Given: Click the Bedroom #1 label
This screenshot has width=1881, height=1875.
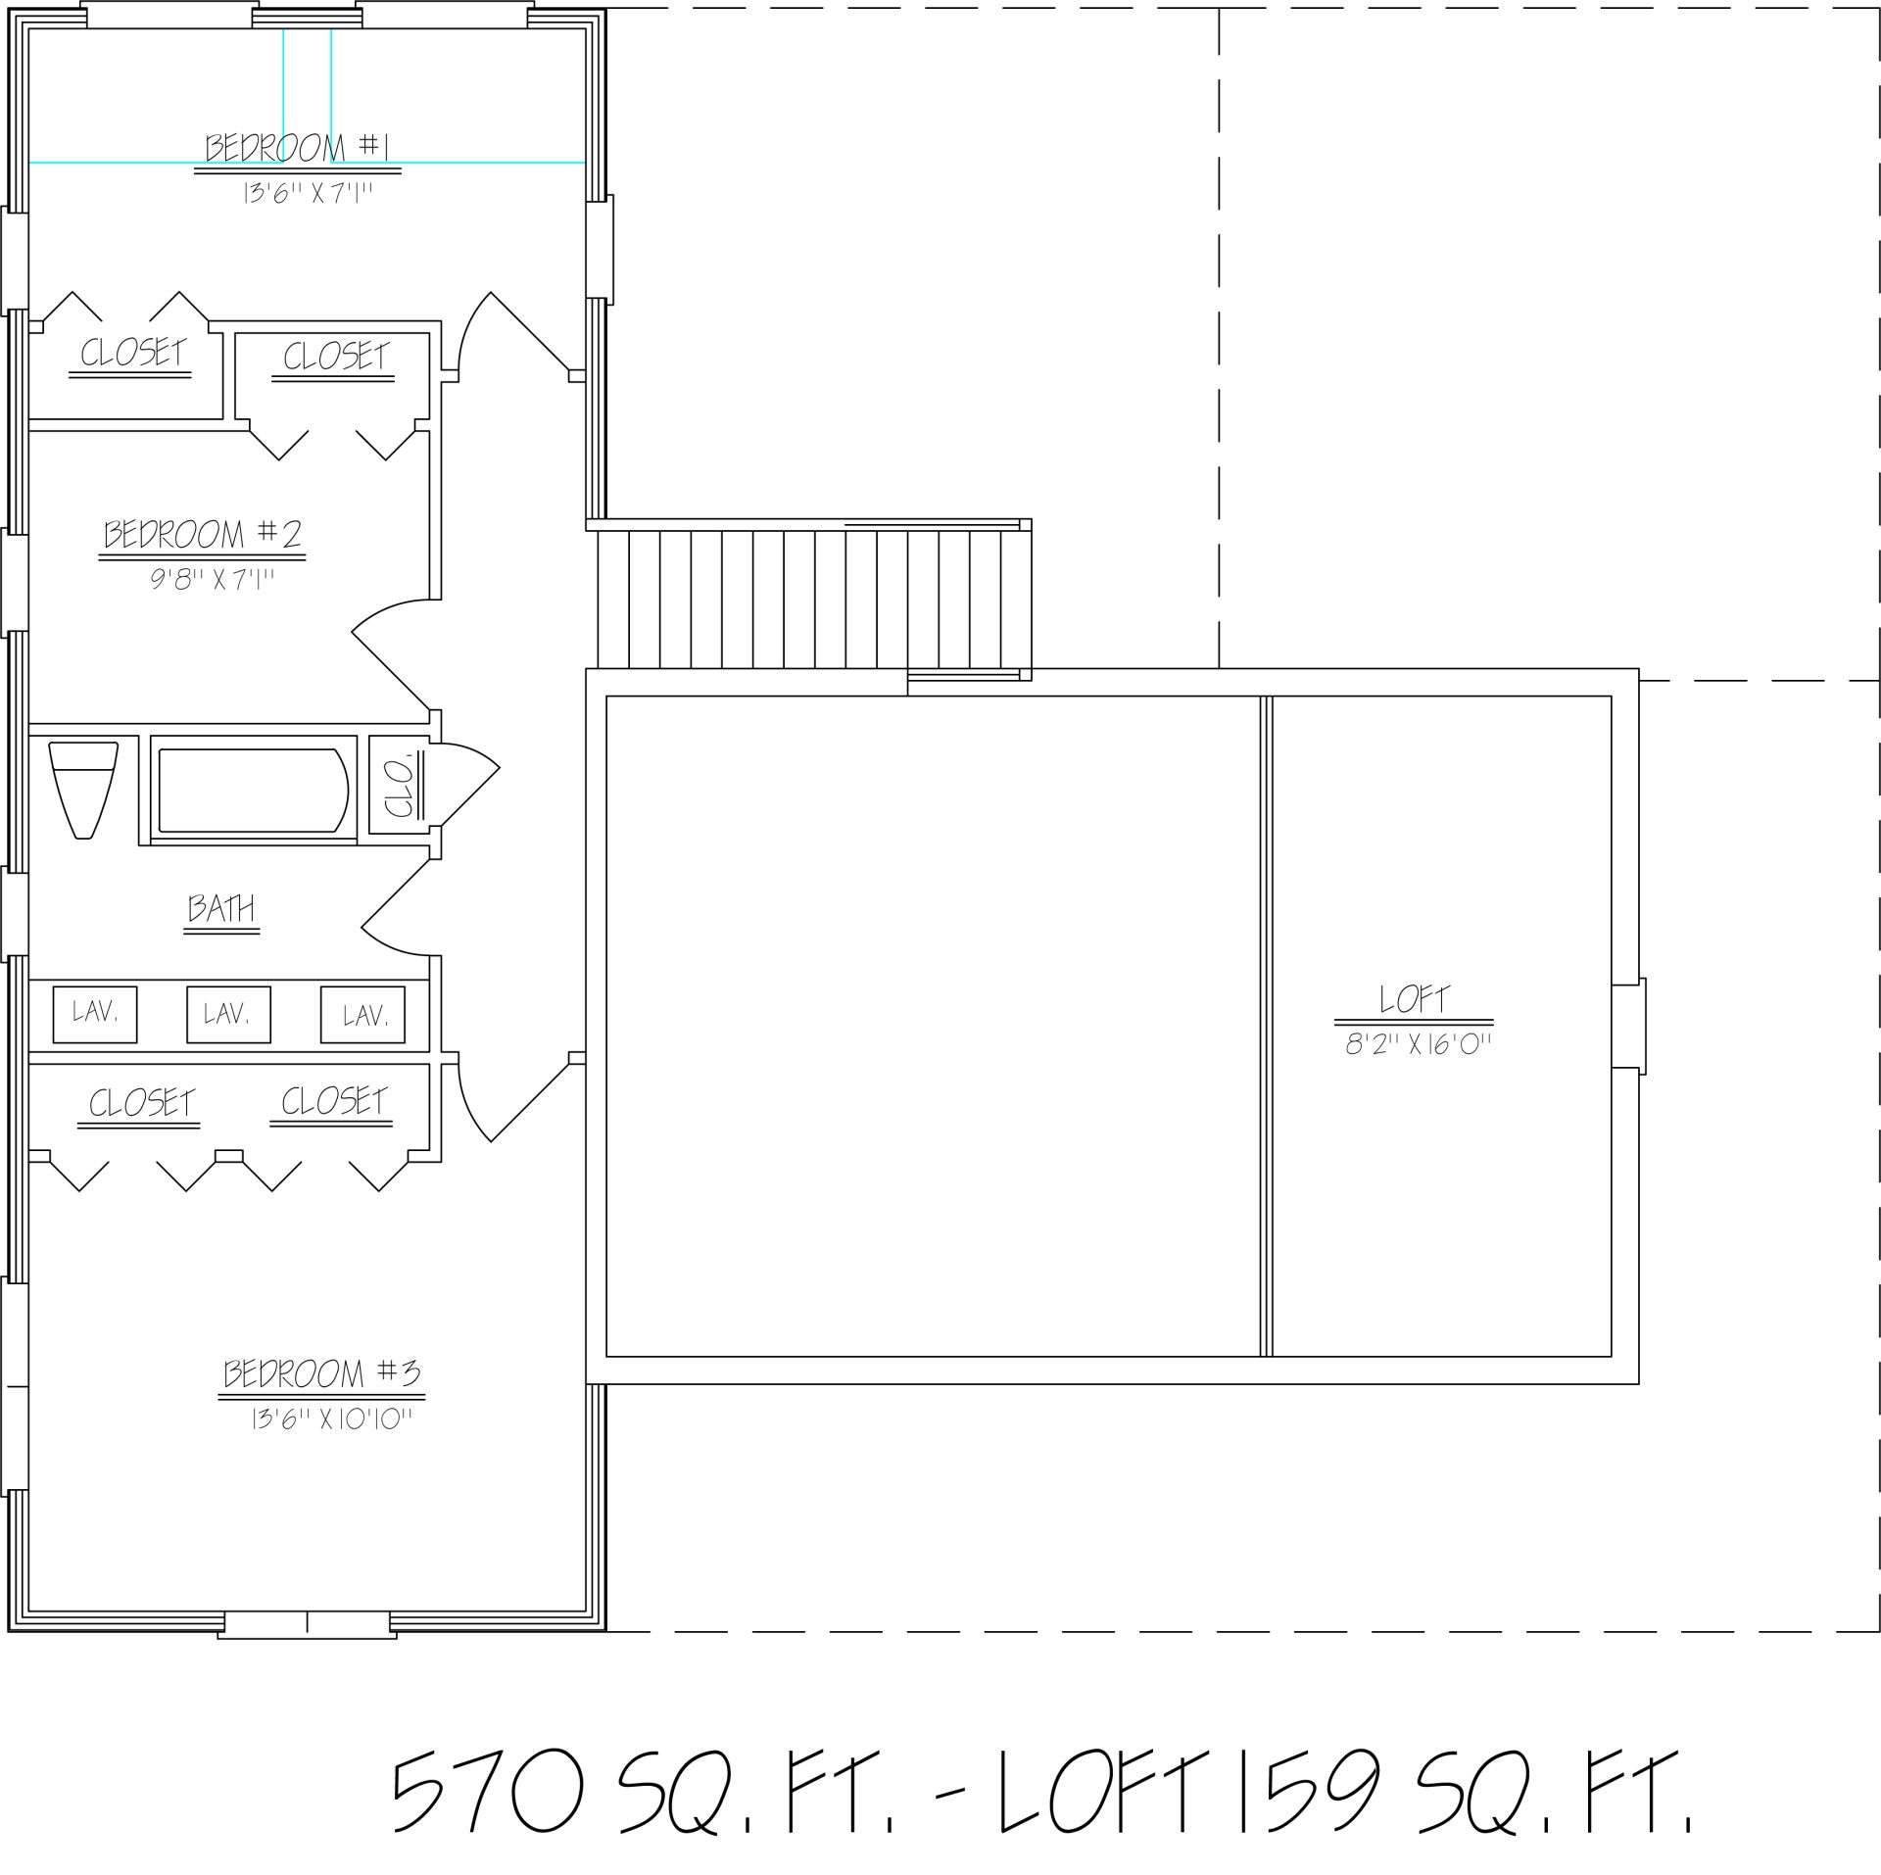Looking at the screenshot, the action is tap(298, 148).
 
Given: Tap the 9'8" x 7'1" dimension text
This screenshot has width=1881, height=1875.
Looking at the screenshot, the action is tap(212, 580).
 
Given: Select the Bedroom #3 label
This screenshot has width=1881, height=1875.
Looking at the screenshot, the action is tap(322, 1373).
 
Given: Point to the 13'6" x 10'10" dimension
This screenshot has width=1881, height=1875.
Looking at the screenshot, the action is tap(331, 1419).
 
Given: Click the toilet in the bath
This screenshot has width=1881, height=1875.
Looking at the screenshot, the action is tap(83, 789).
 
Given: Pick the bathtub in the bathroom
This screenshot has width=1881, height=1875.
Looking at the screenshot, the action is tap(253, 791).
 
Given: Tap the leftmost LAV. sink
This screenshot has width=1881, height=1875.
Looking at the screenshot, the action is tap(95, 1015).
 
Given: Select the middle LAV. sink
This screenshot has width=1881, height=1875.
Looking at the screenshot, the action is tap(228, 1015).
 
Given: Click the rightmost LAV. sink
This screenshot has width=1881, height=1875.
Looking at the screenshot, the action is tap(363, 1015).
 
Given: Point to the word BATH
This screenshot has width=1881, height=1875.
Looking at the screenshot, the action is tap(221, 908).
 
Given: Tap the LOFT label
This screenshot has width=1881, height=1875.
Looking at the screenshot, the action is tap(1415, 999).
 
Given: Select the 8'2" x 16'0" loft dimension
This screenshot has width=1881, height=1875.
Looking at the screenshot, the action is tap(1418, 1045).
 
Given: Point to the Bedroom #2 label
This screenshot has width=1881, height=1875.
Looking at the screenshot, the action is tap(204, 535).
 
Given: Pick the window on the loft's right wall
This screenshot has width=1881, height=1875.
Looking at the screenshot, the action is tap(1629, 1026).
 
